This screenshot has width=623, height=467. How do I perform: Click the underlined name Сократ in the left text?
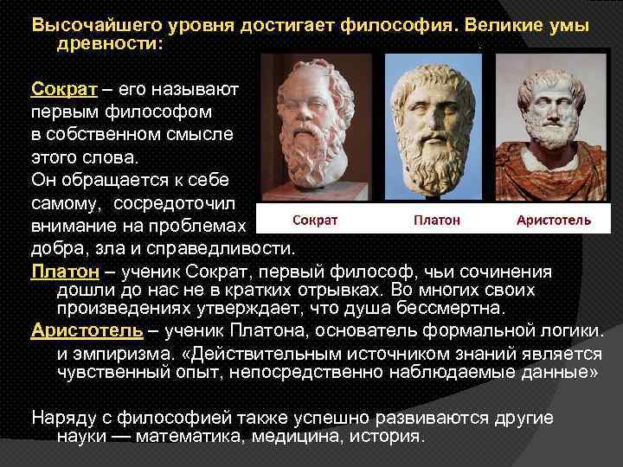(57, 88)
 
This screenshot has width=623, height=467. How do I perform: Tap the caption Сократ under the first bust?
(314, 220)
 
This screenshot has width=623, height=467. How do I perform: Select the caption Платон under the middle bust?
(436, 220)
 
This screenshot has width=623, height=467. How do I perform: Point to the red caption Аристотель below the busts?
(553, 220)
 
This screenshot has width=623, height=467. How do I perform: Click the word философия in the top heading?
(398, 25)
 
